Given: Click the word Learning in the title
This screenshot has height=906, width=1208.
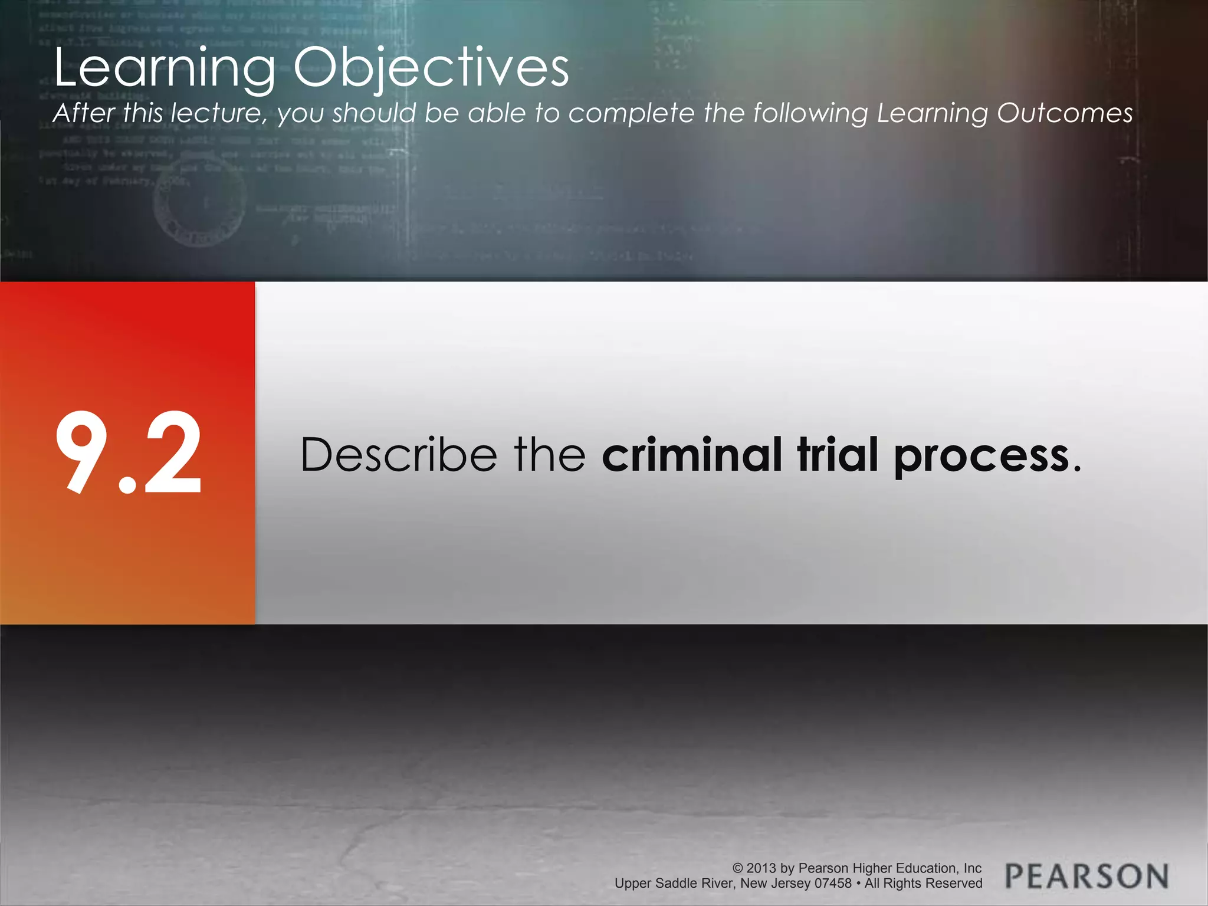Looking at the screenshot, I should pyautogui.click(x=165, y=68).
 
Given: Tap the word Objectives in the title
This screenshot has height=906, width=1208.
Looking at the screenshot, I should pyautogui.click(x=431, y=68).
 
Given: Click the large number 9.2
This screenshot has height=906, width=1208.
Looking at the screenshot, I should pyautogui.click(x=129, y=453).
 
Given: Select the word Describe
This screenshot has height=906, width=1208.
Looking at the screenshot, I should pyautogui.click(x=399, y=455).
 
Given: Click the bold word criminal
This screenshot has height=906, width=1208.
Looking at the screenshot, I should pyautogui.click(x=691, y=455).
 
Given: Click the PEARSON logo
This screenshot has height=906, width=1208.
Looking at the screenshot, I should pyautogui.click(x=1086, y=877).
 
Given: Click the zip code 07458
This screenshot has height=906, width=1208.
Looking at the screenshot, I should pyautogui.click(x=833, y=884).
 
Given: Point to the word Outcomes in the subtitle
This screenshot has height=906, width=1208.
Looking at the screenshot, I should pyautogui.click(x=1065, y=113).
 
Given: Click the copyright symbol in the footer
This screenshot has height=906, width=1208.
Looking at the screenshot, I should pyautogui.click(x=737, y=868).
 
